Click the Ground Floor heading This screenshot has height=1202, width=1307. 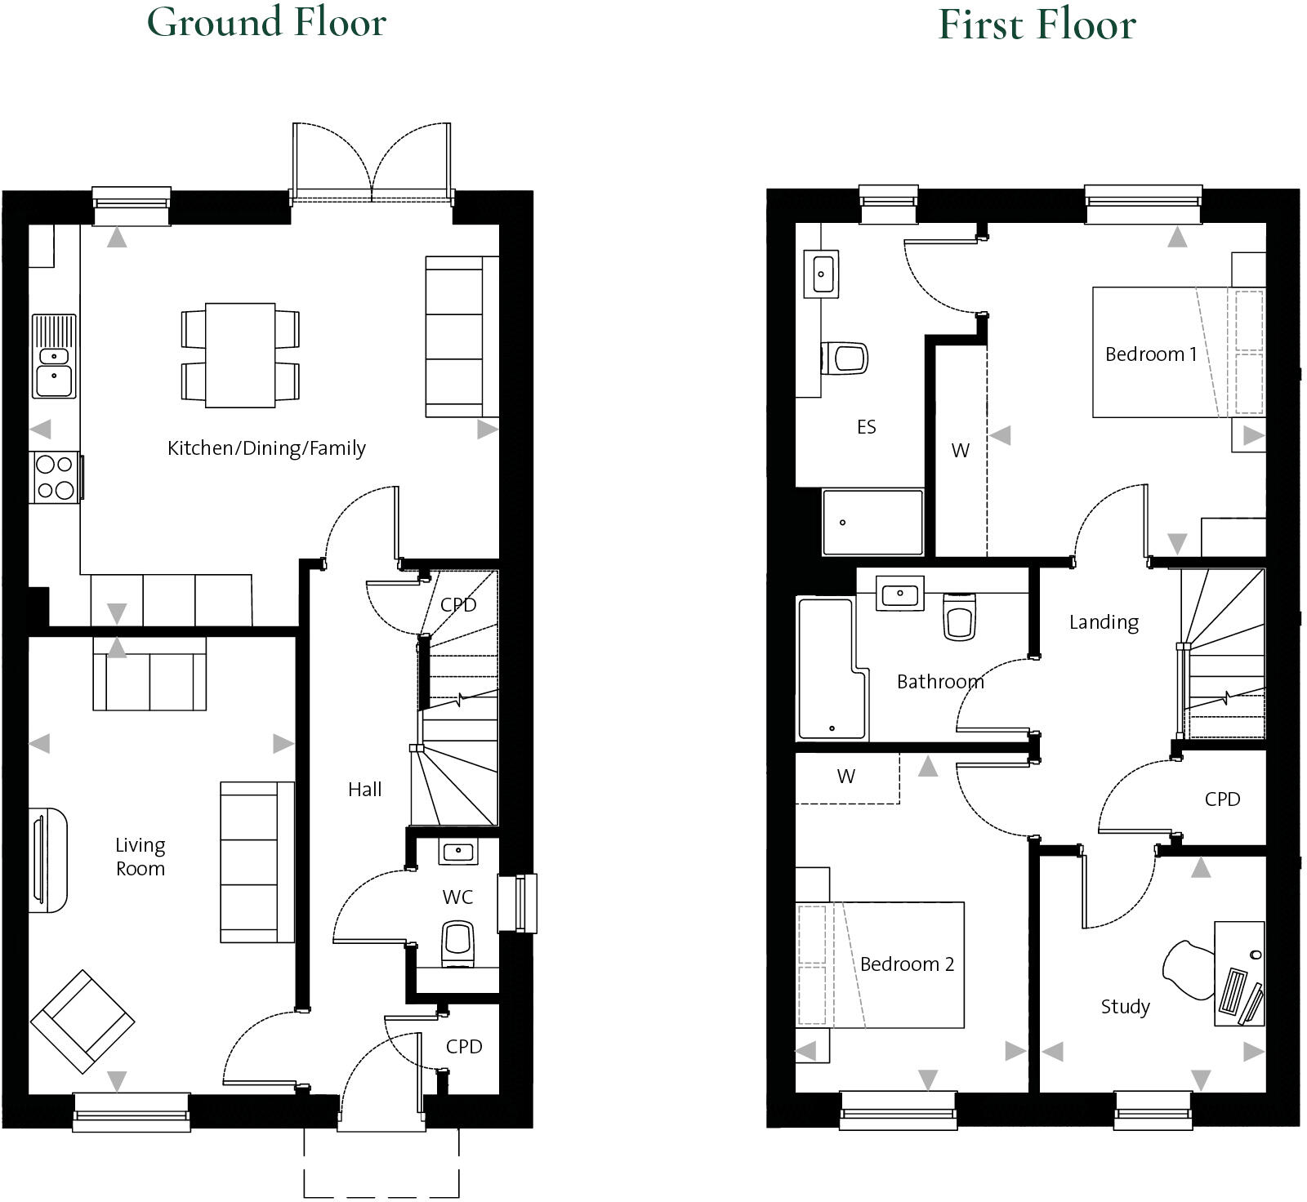point(266,22)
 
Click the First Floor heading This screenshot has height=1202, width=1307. point(1037,24)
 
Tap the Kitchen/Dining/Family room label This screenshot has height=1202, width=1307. point(266,447)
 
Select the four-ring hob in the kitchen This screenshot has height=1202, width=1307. point(56,477)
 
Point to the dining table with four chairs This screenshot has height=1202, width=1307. point(240,354)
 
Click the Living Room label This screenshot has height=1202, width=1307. point(141,857)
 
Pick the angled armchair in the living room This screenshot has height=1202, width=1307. point(83,1021)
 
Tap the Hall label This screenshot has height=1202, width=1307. point(364,790)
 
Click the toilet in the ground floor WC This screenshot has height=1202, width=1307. point(458,944)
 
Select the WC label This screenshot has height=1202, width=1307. point(457,897)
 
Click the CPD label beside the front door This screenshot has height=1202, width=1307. point(464,1047)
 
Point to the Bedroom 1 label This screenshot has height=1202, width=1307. point(1150,354)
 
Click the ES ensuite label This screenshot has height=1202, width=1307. point(867,427)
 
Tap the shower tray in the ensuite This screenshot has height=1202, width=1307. point(872,523)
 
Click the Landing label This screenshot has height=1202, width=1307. point(1104,622)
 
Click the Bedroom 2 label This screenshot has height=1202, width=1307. point(907,964)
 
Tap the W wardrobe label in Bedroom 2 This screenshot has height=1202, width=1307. point(846,777)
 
